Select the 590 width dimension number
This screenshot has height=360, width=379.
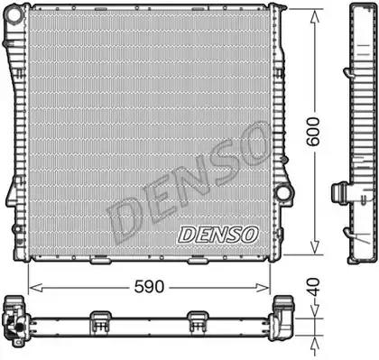pyautogui.click(x=149, y=287)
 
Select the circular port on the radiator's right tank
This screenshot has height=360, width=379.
pyautogui.click(x=283, y=192)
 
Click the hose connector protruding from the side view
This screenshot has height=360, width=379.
pyautogui.click(x=340, y=194)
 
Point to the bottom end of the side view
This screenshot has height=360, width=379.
pyautogui.click(x=354, y=256)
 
